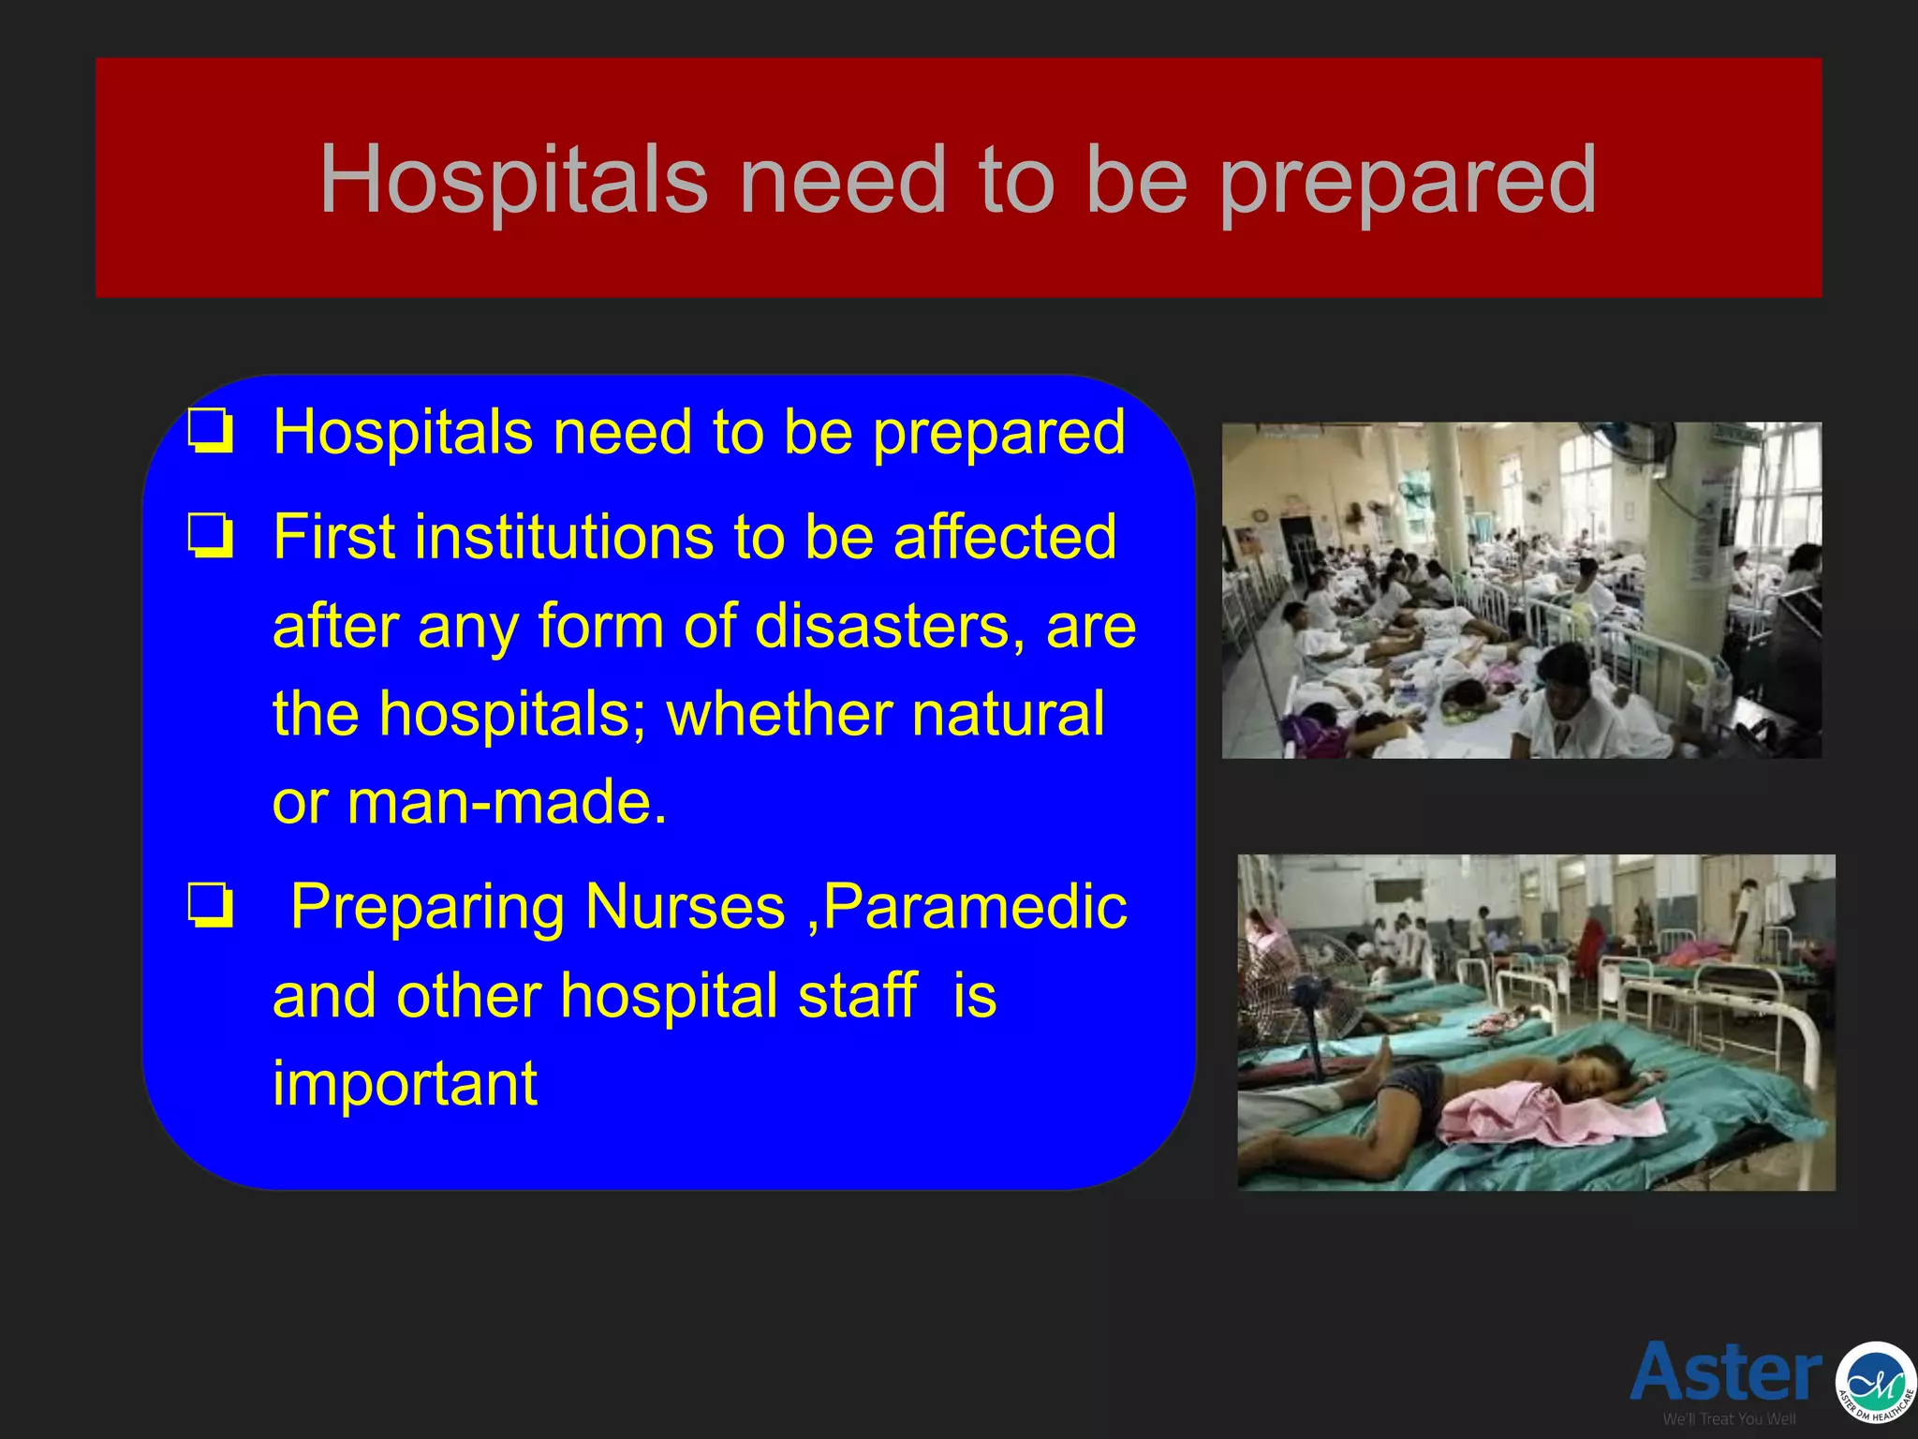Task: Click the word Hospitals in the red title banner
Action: coord(513,179)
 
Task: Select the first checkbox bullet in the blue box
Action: coord(210,431)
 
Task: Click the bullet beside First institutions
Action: coord(210,536)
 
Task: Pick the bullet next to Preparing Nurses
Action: coord(210,906)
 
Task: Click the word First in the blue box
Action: coord(333,537)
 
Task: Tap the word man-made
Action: coord(507,803)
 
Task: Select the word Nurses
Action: coord(686,907)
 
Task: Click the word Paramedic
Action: coord(975,909)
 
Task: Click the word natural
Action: coord(1008,714)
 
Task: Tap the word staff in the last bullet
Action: coord(858,995)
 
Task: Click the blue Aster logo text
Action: coord(1725,1372)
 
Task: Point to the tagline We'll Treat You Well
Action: coord(1729,1418)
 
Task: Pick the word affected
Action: coord(1004,537)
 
